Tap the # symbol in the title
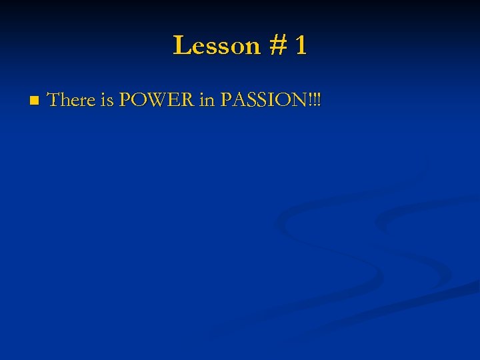point(277,46)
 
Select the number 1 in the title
point(300,46)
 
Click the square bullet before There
point(33,101)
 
